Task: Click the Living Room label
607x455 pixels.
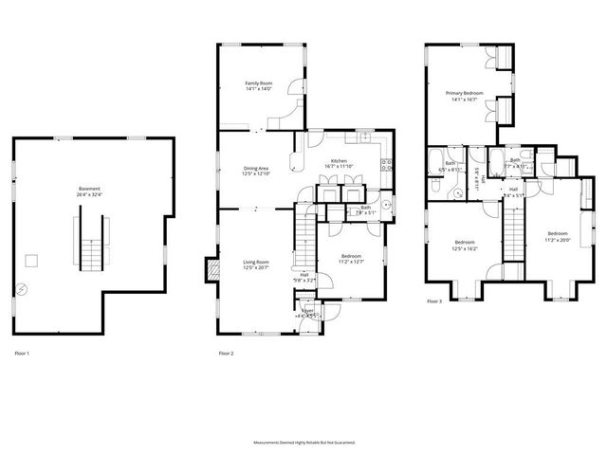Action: (x=256, y=264)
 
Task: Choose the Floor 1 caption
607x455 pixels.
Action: (x=22, y=353)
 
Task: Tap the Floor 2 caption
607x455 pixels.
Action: (x=226, y=353)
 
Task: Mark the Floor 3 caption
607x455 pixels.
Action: (x=433, y=300)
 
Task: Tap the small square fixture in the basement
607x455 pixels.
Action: (x=31, y=259)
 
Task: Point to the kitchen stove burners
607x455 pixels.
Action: (x=385, y=170)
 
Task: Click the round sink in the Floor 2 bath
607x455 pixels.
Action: (x=389, y=204)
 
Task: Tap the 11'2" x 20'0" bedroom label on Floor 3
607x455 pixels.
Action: (x=557, y=236)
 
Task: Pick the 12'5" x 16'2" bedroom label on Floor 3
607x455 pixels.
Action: (x=464, y=246)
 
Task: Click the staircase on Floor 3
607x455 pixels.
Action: (x=512, y=232)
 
